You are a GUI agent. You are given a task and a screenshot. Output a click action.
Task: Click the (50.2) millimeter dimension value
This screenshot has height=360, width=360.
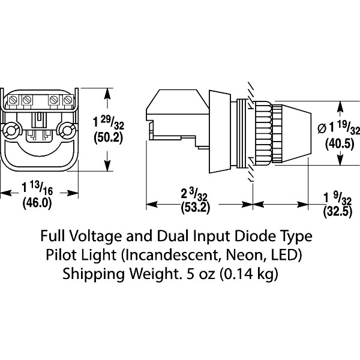tap(109, 137)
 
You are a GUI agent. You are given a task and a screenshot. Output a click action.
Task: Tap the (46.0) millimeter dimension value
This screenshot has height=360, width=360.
tap(37, 203)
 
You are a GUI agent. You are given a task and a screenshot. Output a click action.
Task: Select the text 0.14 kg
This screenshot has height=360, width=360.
tap(249, 275)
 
